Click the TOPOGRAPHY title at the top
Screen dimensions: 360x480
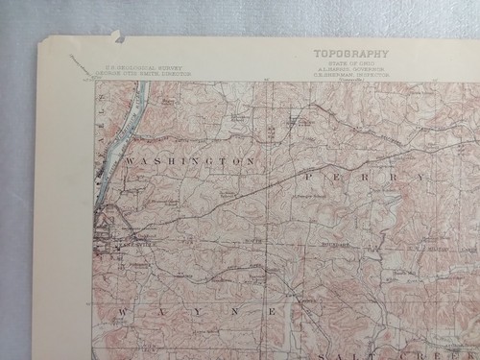350,54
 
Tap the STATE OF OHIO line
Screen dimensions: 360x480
350,62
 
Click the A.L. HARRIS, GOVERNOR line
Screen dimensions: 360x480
351,68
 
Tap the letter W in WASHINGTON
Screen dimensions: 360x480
129,162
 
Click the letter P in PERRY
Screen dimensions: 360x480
310,178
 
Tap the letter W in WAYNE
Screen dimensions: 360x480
124,313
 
